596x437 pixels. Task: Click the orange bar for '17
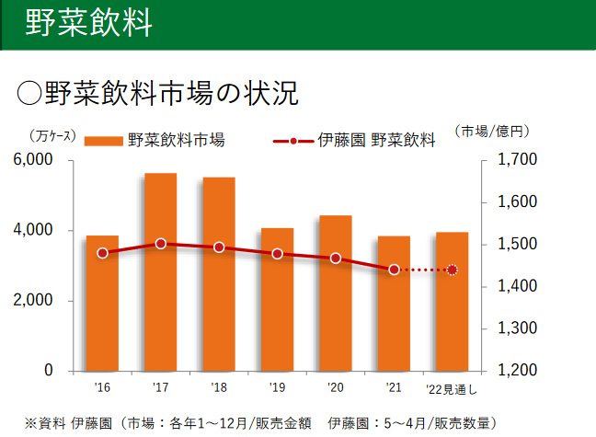point(161,271)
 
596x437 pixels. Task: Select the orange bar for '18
point(219,273)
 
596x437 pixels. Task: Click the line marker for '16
point(102,253)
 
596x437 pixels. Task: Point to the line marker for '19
point(277,253)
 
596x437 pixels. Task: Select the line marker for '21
point(394,270)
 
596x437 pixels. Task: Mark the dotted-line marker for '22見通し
point(452,270)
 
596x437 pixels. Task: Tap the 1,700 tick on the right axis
point(515,160)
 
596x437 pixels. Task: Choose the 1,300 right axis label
point(515,328)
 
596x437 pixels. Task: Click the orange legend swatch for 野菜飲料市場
point(103,141)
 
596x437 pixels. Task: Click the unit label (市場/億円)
point(491,131)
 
